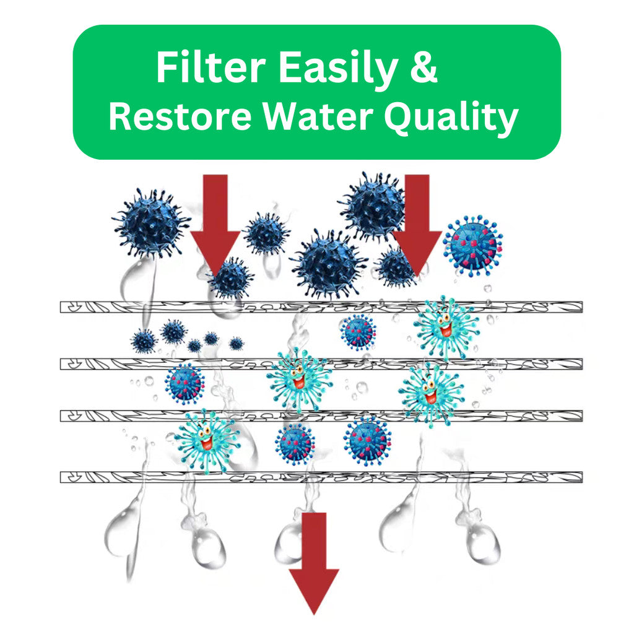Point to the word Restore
[179, 117]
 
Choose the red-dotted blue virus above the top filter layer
[473, 245]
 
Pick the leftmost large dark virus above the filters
[151, 224]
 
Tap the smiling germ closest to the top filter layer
[446, 326]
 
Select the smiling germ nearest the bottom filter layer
[206, 440]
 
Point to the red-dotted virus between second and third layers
[185, 383]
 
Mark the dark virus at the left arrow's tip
[230, 278]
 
